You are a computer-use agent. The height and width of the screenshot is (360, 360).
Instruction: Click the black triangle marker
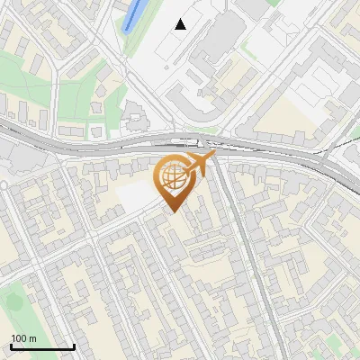coord(181,24)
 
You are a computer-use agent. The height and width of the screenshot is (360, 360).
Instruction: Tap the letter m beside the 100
coord(32,338)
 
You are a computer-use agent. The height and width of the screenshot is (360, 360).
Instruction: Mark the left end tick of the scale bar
coord(10,346)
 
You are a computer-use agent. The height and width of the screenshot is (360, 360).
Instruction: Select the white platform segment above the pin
coord(180,141)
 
